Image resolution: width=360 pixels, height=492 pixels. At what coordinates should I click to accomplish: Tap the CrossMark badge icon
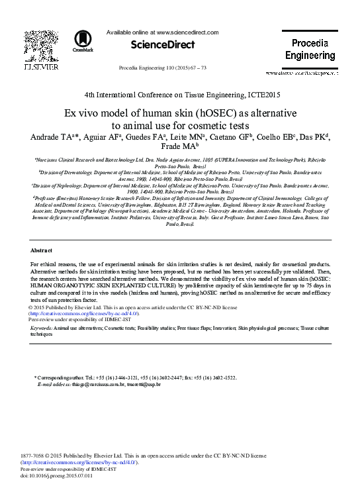click(83, 40)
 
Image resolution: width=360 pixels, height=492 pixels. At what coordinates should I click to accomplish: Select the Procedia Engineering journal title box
click(310, 49)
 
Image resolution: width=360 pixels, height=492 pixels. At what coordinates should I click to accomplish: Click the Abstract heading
click(41, 250)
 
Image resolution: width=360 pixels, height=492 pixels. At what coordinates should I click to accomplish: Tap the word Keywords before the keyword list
click(43, 328)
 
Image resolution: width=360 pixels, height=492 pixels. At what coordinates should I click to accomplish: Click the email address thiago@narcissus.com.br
click(85, 383)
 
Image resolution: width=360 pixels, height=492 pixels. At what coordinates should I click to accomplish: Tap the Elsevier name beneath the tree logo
click(34, 68)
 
